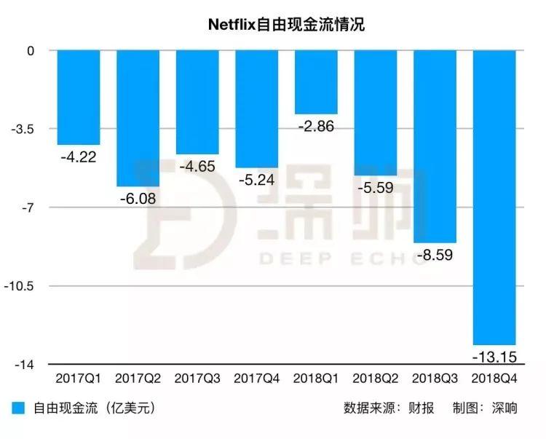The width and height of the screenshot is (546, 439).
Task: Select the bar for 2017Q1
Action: tap(79, 98)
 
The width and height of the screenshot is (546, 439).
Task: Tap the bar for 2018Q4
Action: tap(495, 197)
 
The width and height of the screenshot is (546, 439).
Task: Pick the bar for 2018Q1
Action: tap(316, 82)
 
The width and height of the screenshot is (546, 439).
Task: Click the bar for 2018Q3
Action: tap(435, 146)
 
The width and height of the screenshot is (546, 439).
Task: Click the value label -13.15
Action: tap(494, 357)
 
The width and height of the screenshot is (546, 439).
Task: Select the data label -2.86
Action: tap(316, 127)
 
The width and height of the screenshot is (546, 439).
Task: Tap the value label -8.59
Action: tap(435, 255)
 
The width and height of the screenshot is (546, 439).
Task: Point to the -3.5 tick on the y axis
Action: tap(25, 130)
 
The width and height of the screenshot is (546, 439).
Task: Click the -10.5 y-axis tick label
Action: tap(23, 286)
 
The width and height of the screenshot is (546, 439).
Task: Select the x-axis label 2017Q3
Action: tap(197, 379)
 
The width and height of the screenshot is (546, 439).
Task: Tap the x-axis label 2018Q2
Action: tap(376, 379)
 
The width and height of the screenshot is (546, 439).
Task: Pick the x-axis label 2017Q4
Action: tap(256, 379)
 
